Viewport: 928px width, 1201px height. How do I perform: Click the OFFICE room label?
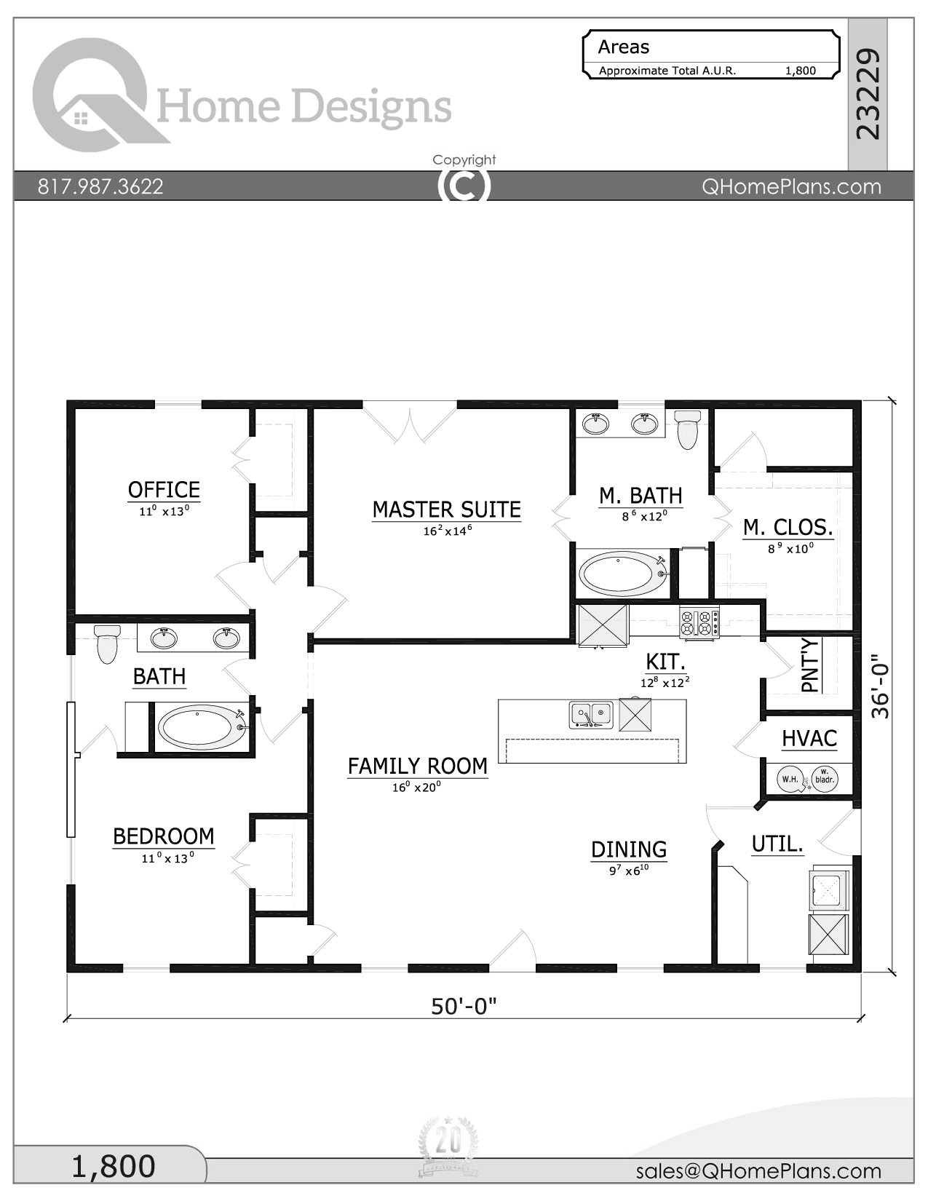[x=164, y=490]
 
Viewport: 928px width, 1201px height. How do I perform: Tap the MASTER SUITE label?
[x=446, y=510]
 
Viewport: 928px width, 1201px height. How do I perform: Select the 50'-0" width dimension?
[x=464, y=1006]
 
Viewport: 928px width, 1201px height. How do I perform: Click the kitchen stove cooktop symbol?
[x=699, y=623]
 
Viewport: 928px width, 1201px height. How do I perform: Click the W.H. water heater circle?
[x=790, y=779]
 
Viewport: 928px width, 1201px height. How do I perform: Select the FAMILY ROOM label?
[x=417, y=766]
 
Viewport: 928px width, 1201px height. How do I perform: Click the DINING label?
[x=629, y=849]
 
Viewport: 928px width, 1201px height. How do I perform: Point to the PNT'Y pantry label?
[x=810, y=665]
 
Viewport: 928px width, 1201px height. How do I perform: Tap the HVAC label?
[x=809, y=739]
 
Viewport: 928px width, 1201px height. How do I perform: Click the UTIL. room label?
[x=777, y=844]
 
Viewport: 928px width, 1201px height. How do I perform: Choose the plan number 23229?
[x=868, y=94]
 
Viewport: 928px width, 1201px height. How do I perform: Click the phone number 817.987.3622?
[x=100, y=186]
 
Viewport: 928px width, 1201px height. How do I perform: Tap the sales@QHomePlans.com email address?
[x=758, y=1170]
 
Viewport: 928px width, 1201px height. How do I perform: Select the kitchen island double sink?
[x=590, y=715]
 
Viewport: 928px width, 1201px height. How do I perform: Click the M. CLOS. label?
[x=788, y=527]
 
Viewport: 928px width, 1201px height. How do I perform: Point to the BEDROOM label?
[x=164, y=836]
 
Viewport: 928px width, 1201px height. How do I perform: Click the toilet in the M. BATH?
[x=687, y=430]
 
